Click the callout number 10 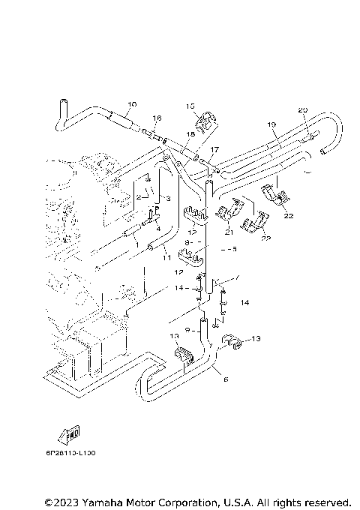(132, 104)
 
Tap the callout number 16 (157, 118)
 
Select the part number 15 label (190, 106)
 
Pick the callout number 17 (214, 149)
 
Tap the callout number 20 (303, 110)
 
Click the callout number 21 (228, 232)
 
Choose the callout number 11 (167, 257)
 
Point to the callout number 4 (158, 228)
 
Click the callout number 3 (169, 198)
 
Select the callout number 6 (224, 380)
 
